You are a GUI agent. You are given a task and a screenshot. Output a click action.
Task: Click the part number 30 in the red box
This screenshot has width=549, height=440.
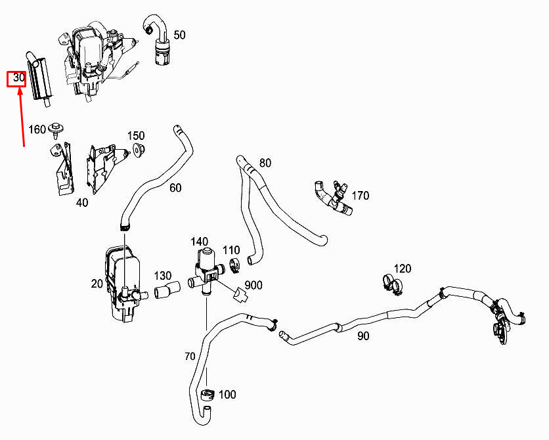click(x=16, y=79)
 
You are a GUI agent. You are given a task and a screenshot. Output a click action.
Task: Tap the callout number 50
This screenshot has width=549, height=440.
click(x=179, y=35)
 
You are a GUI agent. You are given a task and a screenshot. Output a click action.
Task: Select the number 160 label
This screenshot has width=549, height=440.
click(x=37, y=129)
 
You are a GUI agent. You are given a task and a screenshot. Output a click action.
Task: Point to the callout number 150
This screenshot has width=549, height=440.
click(x=136, y=135)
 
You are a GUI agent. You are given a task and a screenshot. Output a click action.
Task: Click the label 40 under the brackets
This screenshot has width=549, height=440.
click(x=81, y=203)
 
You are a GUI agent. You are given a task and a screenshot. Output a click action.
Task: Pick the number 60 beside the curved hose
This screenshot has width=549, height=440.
click(x=175, y=188)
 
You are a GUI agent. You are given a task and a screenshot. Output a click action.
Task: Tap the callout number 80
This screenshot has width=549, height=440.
click(x=265, y=162)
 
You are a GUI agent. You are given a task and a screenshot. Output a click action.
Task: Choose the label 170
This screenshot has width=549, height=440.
click(x=361, y=195)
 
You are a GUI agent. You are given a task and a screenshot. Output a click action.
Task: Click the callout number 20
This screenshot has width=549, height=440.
click(x=97, y=284)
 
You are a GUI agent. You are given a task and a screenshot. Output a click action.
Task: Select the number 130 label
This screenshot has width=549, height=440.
click(x=163, y=275)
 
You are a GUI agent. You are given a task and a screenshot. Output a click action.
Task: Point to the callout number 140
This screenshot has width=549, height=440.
click(x=200, y=242)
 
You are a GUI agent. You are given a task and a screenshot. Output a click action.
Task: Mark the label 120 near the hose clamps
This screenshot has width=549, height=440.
click(x=403, y=269)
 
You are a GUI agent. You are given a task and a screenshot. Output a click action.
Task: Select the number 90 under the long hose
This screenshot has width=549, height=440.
click(x=363, y=336)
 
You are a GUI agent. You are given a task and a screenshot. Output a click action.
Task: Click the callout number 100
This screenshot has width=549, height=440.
click(x=227, y=395)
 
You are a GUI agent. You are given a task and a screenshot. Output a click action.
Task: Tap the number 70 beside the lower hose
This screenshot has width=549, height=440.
click(x=190, y=357)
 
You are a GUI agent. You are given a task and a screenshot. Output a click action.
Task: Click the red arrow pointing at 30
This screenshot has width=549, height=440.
click(x=22, y=118)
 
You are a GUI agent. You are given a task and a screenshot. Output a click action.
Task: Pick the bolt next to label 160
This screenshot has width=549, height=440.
click(x=58, y=129)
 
